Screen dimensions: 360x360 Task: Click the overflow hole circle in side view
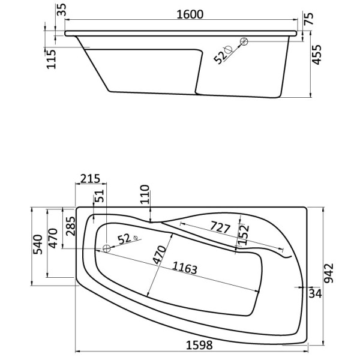click(244, 41)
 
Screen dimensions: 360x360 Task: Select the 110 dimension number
click(145, 195)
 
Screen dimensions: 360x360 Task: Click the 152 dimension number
click(244, 232)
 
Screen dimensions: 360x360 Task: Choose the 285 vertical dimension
click(70, 226)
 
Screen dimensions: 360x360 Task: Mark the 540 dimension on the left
click(37, 245)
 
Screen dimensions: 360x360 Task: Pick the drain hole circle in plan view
click(105, 248)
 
